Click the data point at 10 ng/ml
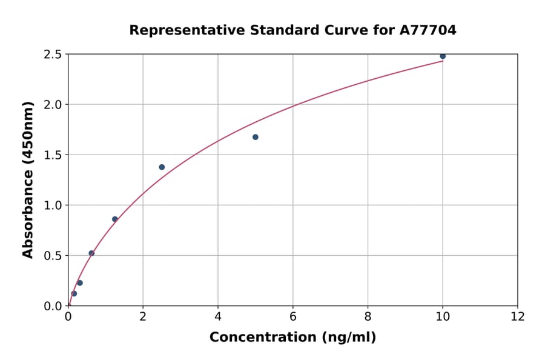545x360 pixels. tap(443, 56)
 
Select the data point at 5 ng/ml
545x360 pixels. tap(256, 137)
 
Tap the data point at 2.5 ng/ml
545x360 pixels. tap(162, 167)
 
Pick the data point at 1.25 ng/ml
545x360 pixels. tap(115, 219)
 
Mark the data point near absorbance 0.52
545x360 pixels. tap(91, 253)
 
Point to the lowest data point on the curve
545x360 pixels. tap(74, 293)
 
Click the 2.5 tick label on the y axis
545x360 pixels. tap(53, 55)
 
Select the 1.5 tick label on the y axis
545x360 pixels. tap(53, 155)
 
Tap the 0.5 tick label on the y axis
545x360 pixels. tap(53, 256)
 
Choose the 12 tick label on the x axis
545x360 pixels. tap(518, 316)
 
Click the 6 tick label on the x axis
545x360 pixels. tap(293, 316)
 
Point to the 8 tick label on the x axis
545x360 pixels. tap(368, 316)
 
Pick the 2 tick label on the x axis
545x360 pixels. tap(143, 316)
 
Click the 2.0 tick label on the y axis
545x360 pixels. tap(53, 105)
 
